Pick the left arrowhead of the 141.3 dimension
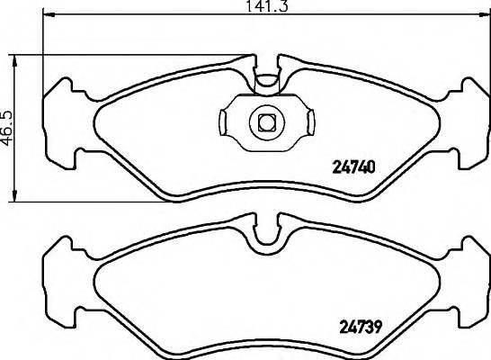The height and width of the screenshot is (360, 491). coord(48,15)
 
